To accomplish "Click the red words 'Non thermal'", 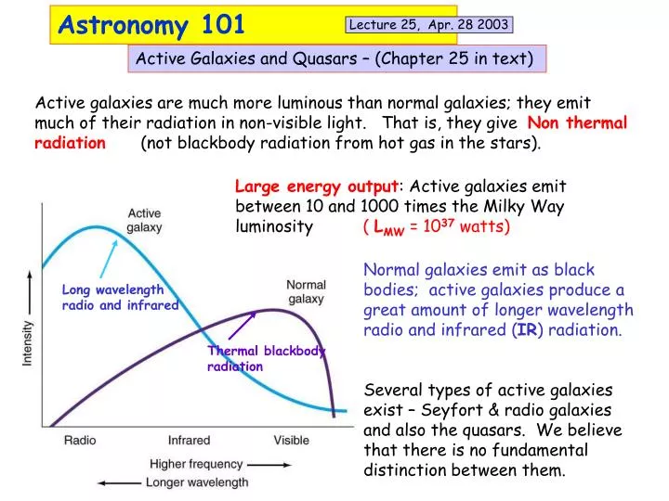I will [577, 123].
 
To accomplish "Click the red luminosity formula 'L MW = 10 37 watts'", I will [437, 226].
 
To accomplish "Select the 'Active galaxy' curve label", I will [144, 220].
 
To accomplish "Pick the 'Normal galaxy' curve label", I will [306, 291].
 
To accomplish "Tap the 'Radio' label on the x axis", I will [80, 440].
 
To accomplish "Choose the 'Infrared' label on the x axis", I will [190, 440].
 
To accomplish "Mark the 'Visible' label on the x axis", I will [292, 440].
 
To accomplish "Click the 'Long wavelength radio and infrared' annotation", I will [119, 297].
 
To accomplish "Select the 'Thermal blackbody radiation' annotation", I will [266, 358].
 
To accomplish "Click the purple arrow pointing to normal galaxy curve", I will [243, 327].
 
